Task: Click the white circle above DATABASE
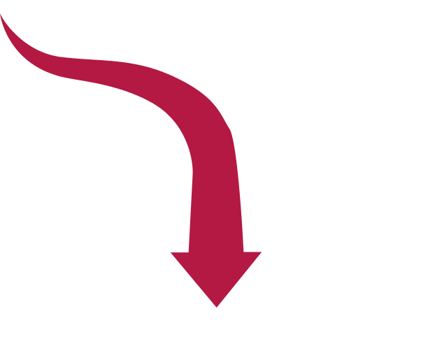(291, 81)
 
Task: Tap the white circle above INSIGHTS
(328, 246)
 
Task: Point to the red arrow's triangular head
(216, 276)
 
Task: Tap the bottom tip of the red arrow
(217, 305)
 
